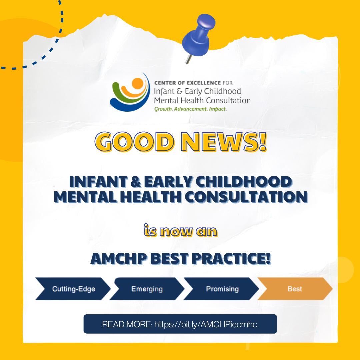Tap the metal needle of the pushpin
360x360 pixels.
188,59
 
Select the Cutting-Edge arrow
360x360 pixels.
73,289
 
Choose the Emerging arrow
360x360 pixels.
147,289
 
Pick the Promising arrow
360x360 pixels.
221,289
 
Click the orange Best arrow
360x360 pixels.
295,289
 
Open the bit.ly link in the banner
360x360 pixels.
206,324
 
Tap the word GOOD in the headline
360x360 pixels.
135,142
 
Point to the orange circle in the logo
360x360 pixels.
138,84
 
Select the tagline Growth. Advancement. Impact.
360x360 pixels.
190,109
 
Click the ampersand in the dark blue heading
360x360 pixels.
136,182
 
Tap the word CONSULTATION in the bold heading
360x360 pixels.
246,197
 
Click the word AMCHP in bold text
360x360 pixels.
119,259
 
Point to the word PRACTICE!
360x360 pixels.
231,259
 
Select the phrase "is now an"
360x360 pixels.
180,231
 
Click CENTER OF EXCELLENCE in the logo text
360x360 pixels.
187,83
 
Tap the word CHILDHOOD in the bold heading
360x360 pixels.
244,182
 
